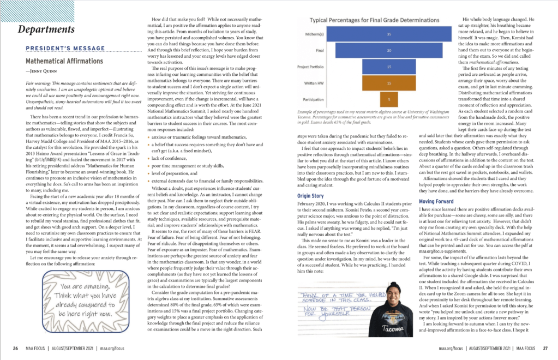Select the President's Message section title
tap(61, 48)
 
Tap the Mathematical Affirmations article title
tap(64, 61)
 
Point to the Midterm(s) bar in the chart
tap(388, 34)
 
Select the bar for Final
tap(388, 50)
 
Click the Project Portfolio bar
tap(388, 67)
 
